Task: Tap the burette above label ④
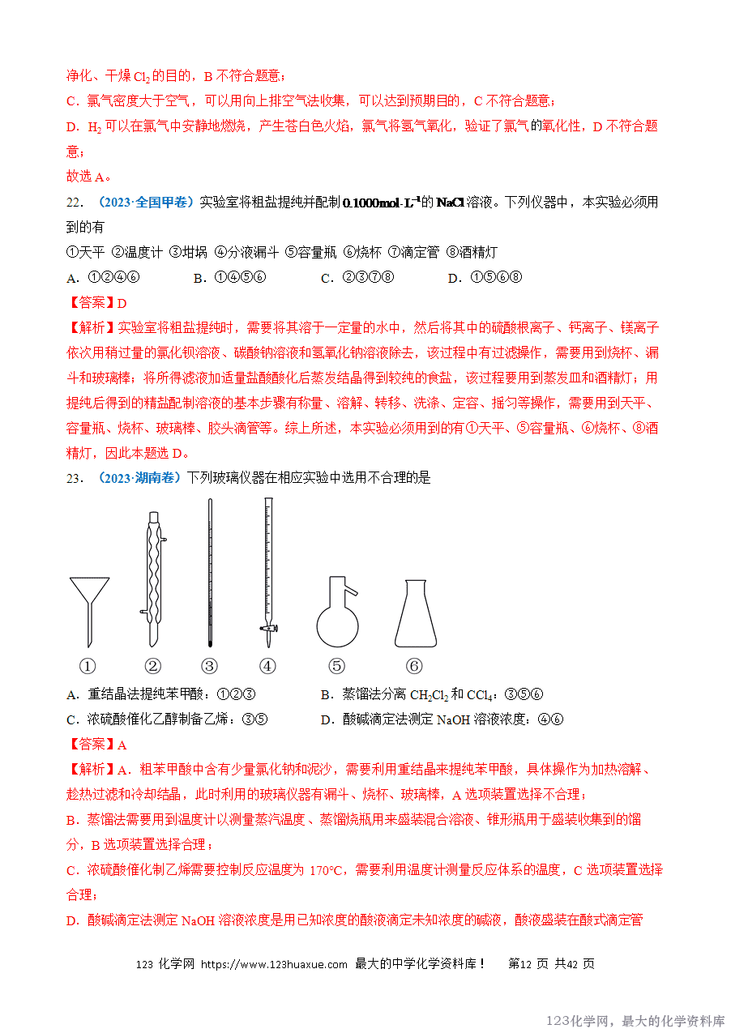[267, 567]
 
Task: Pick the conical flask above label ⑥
[415, 616]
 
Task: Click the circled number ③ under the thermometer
[209, 667]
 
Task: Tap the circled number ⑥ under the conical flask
[414, 667]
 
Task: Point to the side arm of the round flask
[349, 587]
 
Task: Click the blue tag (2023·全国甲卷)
[143, 203]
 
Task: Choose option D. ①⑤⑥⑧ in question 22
[485, 278]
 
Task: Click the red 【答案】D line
[96, 303]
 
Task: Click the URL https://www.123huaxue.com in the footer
[274, 964]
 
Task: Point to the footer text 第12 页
[528, 964]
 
